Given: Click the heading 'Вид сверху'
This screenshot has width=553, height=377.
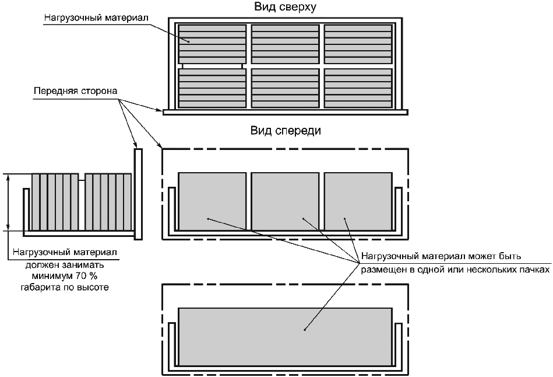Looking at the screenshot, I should (x=285, y=7).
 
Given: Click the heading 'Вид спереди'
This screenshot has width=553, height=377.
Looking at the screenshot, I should (x=286, y=131).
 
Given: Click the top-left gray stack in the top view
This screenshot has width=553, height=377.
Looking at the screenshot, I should (x=212, y=43).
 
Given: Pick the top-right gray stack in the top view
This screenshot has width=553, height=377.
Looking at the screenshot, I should (x=357, y=43).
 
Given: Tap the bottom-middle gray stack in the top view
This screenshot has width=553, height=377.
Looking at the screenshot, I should (x=285, y=88).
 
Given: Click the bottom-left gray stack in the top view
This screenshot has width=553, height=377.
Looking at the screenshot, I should (x=212, y=88).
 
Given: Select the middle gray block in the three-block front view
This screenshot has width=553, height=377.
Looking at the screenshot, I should (x=285, y=201).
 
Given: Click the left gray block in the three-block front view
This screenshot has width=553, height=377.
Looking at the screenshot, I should (x=212, y=201).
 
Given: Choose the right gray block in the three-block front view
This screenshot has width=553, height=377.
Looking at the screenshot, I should (x=358, y=201).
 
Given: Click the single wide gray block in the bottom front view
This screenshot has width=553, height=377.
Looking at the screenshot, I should (x=285, y=336).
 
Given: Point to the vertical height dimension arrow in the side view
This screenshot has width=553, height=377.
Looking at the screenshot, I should (x=8, y=202).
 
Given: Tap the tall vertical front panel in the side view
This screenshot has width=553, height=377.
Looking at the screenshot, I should (x=138, y=193).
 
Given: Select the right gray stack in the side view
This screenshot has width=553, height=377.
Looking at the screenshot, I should (x=108, y=202).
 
